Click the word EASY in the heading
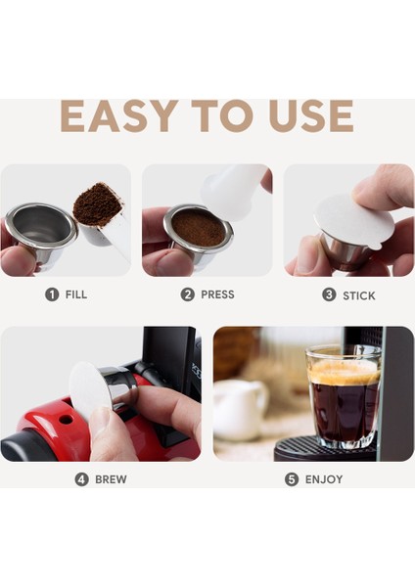(119, 116)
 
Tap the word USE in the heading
(311, 116)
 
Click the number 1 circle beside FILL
(52, 294)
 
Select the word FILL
(76, 294)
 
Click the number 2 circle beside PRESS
(187, 294)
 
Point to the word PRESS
(217, 294)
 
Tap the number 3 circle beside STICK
(329, 294)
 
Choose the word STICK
(359, 295)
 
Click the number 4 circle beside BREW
(81, 479)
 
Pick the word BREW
(111, 479)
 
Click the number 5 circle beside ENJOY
(292, 479)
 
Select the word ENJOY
(324, 479)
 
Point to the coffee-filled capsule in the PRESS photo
(198, 232)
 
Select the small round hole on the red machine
(66, 420)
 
